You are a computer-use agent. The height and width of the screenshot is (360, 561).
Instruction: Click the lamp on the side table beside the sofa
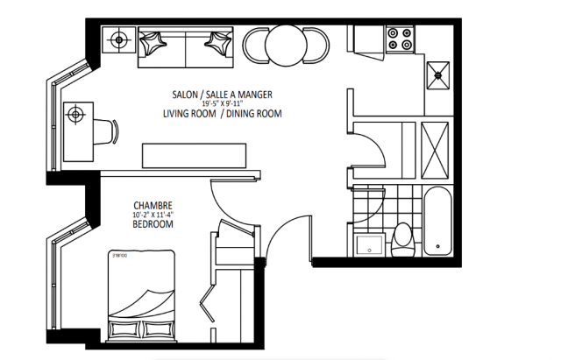tap(117, 38)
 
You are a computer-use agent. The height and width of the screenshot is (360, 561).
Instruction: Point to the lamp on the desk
tap(76, 113)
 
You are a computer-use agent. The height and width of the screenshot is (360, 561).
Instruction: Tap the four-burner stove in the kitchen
tap(400, 39)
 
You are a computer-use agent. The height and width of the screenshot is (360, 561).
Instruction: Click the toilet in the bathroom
tap(404, 236)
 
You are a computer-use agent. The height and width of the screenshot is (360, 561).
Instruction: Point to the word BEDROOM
tap(152, 225)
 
